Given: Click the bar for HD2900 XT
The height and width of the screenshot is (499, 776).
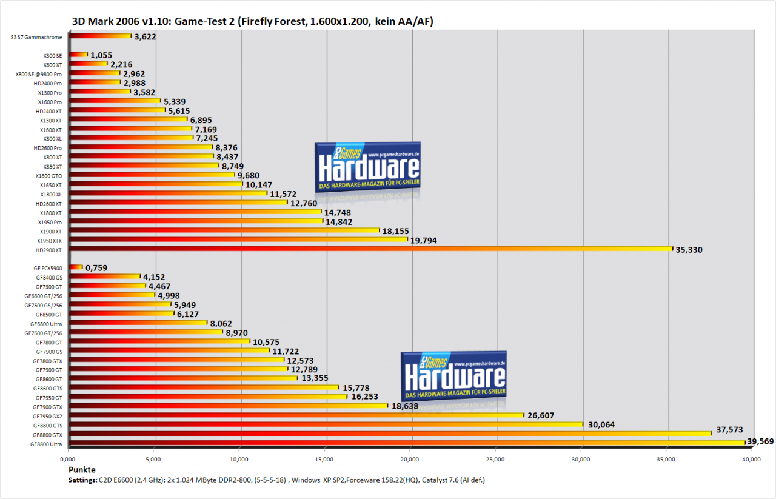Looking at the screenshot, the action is pyautogui.click(x=370, y=249).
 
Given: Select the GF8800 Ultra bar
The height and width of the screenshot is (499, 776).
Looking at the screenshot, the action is pyautogui.click(x=407, y=443).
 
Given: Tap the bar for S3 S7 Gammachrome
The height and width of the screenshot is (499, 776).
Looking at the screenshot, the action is pyautogui.click(x=100, y=36).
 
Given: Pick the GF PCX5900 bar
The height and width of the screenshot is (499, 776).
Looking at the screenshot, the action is pyautogui.click(x=76, y=267).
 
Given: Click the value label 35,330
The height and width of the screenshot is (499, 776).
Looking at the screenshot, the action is pyautogui.click(x=689, y=250).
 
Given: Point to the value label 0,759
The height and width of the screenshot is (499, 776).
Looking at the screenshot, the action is pyautogui.click(x=96, y=268).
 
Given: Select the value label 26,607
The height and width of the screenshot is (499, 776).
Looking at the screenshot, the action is pyautogui.click(x=541, y=415).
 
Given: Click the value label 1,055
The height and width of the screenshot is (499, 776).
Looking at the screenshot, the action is pyautogui.click(x=101, y=55).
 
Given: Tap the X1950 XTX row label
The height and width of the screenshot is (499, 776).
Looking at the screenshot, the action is pyautogui.click(x=50, y=241).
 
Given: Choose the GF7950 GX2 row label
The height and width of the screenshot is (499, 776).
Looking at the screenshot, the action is pyautogui.click(x=47, y=417).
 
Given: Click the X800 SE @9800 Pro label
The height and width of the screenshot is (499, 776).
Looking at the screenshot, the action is pyautogui.click(x=38, y=74).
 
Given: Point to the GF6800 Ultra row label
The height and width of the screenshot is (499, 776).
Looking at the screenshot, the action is pyautogui.click(x=46, y=324).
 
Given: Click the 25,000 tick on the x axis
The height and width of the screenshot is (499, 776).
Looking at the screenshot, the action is pyautogui.click(x=495, y=460).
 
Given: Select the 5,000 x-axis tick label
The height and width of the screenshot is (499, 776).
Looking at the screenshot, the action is pyautogui.click(x=153, y=460).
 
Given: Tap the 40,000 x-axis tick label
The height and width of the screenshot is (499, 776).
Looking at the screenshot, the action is pyautogui.click(x=751, y=460).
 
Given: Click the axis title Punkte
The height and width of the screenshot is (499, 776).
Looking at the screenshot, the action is pyautogui.click(x=82, y=470).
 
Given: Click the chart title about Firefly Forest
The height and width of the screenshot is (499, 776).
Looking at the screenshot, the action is pyautogui.click(x=253, y=21).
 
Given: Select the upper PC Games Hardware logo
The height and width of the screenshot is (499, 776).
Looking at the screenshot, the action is pyautogui.click(x=367, y=167).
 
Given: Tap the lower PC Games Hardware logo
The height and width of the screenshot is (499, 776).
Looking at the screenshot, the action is pyautogui.click(x=453, y=377).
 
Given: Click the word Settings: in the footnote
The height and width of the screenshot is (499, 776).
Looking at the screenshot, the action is pyautogui.click(x=82, y=480).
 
